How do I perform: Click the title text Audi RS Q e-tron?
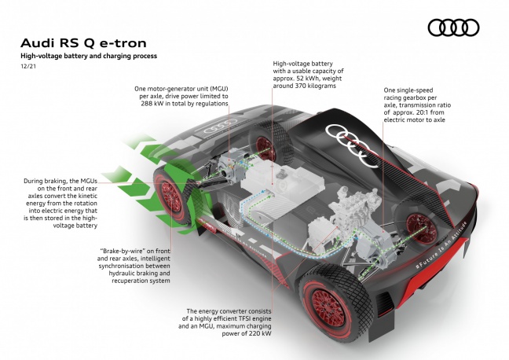82,42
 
